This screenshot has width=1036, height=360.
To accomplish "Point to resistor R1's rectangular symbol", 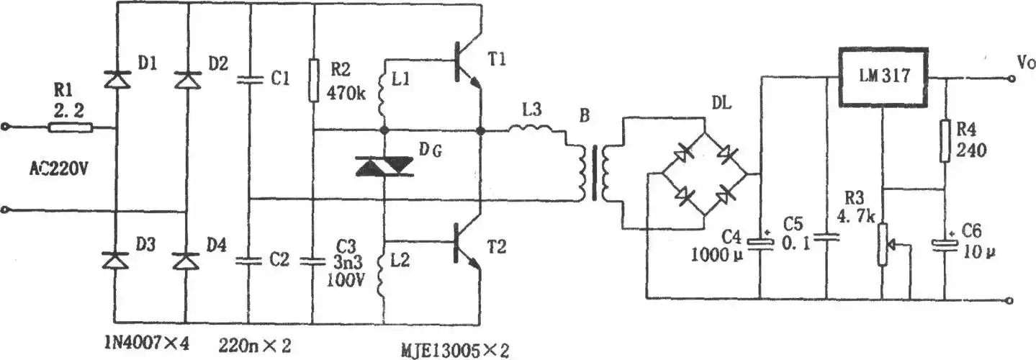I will click(71, 128).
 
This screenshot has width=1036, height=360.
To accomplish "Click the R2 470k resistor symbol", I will click(313, 81).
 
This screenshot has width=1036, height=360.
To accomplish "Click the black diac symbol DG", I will click(384, 168).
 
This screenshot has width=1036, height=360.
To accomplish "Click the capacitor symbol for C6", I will click(944, 245).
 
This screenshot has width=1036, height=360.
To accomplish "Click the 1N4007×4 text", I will click(146, 343).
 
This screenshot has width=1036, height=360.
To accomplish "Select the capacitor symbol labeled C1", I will click(249, 81).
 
